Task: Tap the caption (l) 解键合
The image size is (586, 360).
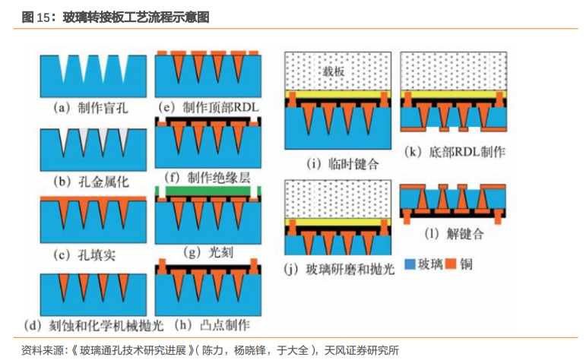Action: pyautogui.click(x=453, y=234)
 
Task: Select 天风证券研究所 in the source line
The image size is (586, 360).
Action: pyautogui.click(x=361, y=350)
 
